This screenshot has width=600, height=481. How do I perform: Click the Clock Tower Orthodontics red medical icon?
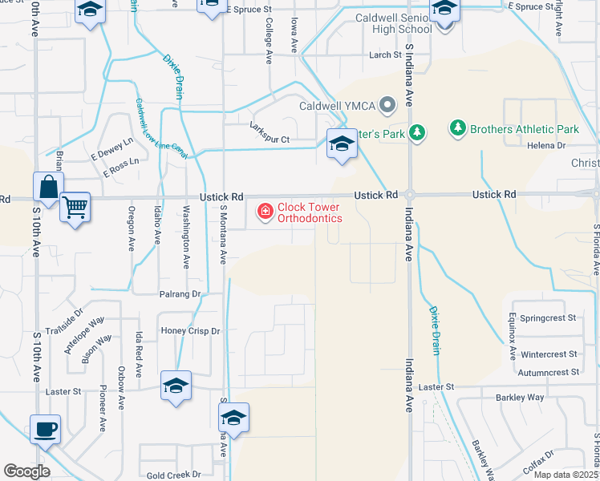(263, 212)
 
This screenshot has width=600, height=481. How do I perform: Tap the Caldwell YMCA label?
(338, 105)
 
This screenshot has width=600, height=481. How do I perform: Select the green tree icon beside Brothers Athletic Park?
(457, 128)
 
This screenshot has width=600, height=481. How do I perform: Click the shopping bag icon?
(47, 187)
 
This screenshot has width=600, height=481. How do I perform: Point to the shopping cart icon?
(75, 208)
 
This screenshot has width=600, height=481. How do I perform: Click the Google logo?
(26, 471)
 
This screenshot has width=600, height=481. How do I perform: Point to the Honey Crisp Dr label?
(190, 330)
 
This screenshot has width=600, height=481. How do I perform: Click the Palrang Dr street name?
(180, 294)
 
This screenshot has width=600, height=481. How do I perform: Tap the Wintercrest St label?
(549, 354)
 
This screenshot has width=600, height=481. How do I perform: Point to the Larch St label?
(384, 55)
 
